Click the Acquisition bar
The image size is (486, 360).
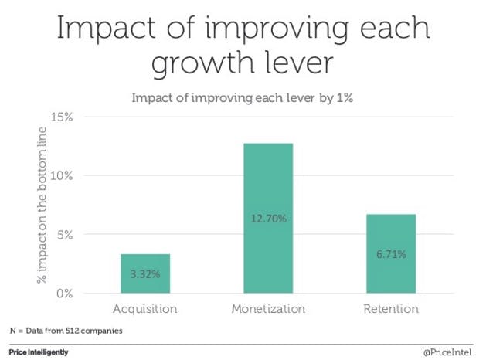(x=144, y=273)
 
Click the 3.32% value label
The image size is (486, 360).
(x=144, y=274)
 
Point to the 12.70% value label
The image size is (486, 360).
(x=268, y=219)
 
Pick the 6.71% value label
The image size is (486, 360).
(x=391, y=253)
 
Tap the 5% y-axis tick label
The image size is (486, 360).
(x=64, y=235)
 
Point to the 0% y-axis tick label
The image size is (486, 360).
(x=64, y=294)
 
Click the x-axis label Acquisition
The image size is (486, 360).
(x=144, y=309)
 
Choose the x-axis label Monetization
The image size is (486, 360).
(x=268, y=309)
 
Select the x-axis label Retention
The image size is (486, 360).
(x=391, y=309)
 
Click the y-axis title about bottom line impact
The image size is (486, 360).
(x=44, y=205)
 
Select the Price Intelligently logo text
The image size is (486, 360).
(x=38, y=352)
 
